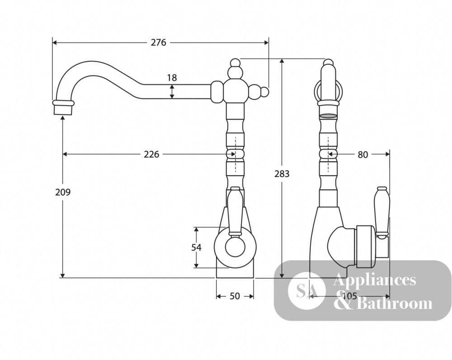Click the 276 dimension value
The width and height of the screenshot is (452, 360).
[x=159, y=42]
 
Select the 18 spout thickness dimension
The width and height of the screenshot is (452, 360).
[x=172, y=78]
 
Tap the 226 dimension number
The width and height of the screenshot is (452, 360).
[x=151, y=154]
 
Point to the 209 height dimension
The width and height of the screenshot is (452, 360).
[x=63, y=192]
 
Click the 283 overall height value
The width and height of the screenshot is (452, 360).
[x=282, y=174]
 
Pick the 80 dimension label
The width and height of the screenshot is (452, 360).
[x=363, y=154]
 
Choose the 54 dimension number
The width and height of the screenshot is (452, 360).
[x=196, y=248]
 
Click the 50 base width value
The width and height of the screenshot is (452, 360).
[x=235, y=296]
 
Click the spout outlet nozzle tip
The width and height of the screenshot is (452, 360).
[x=63, y=110]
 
